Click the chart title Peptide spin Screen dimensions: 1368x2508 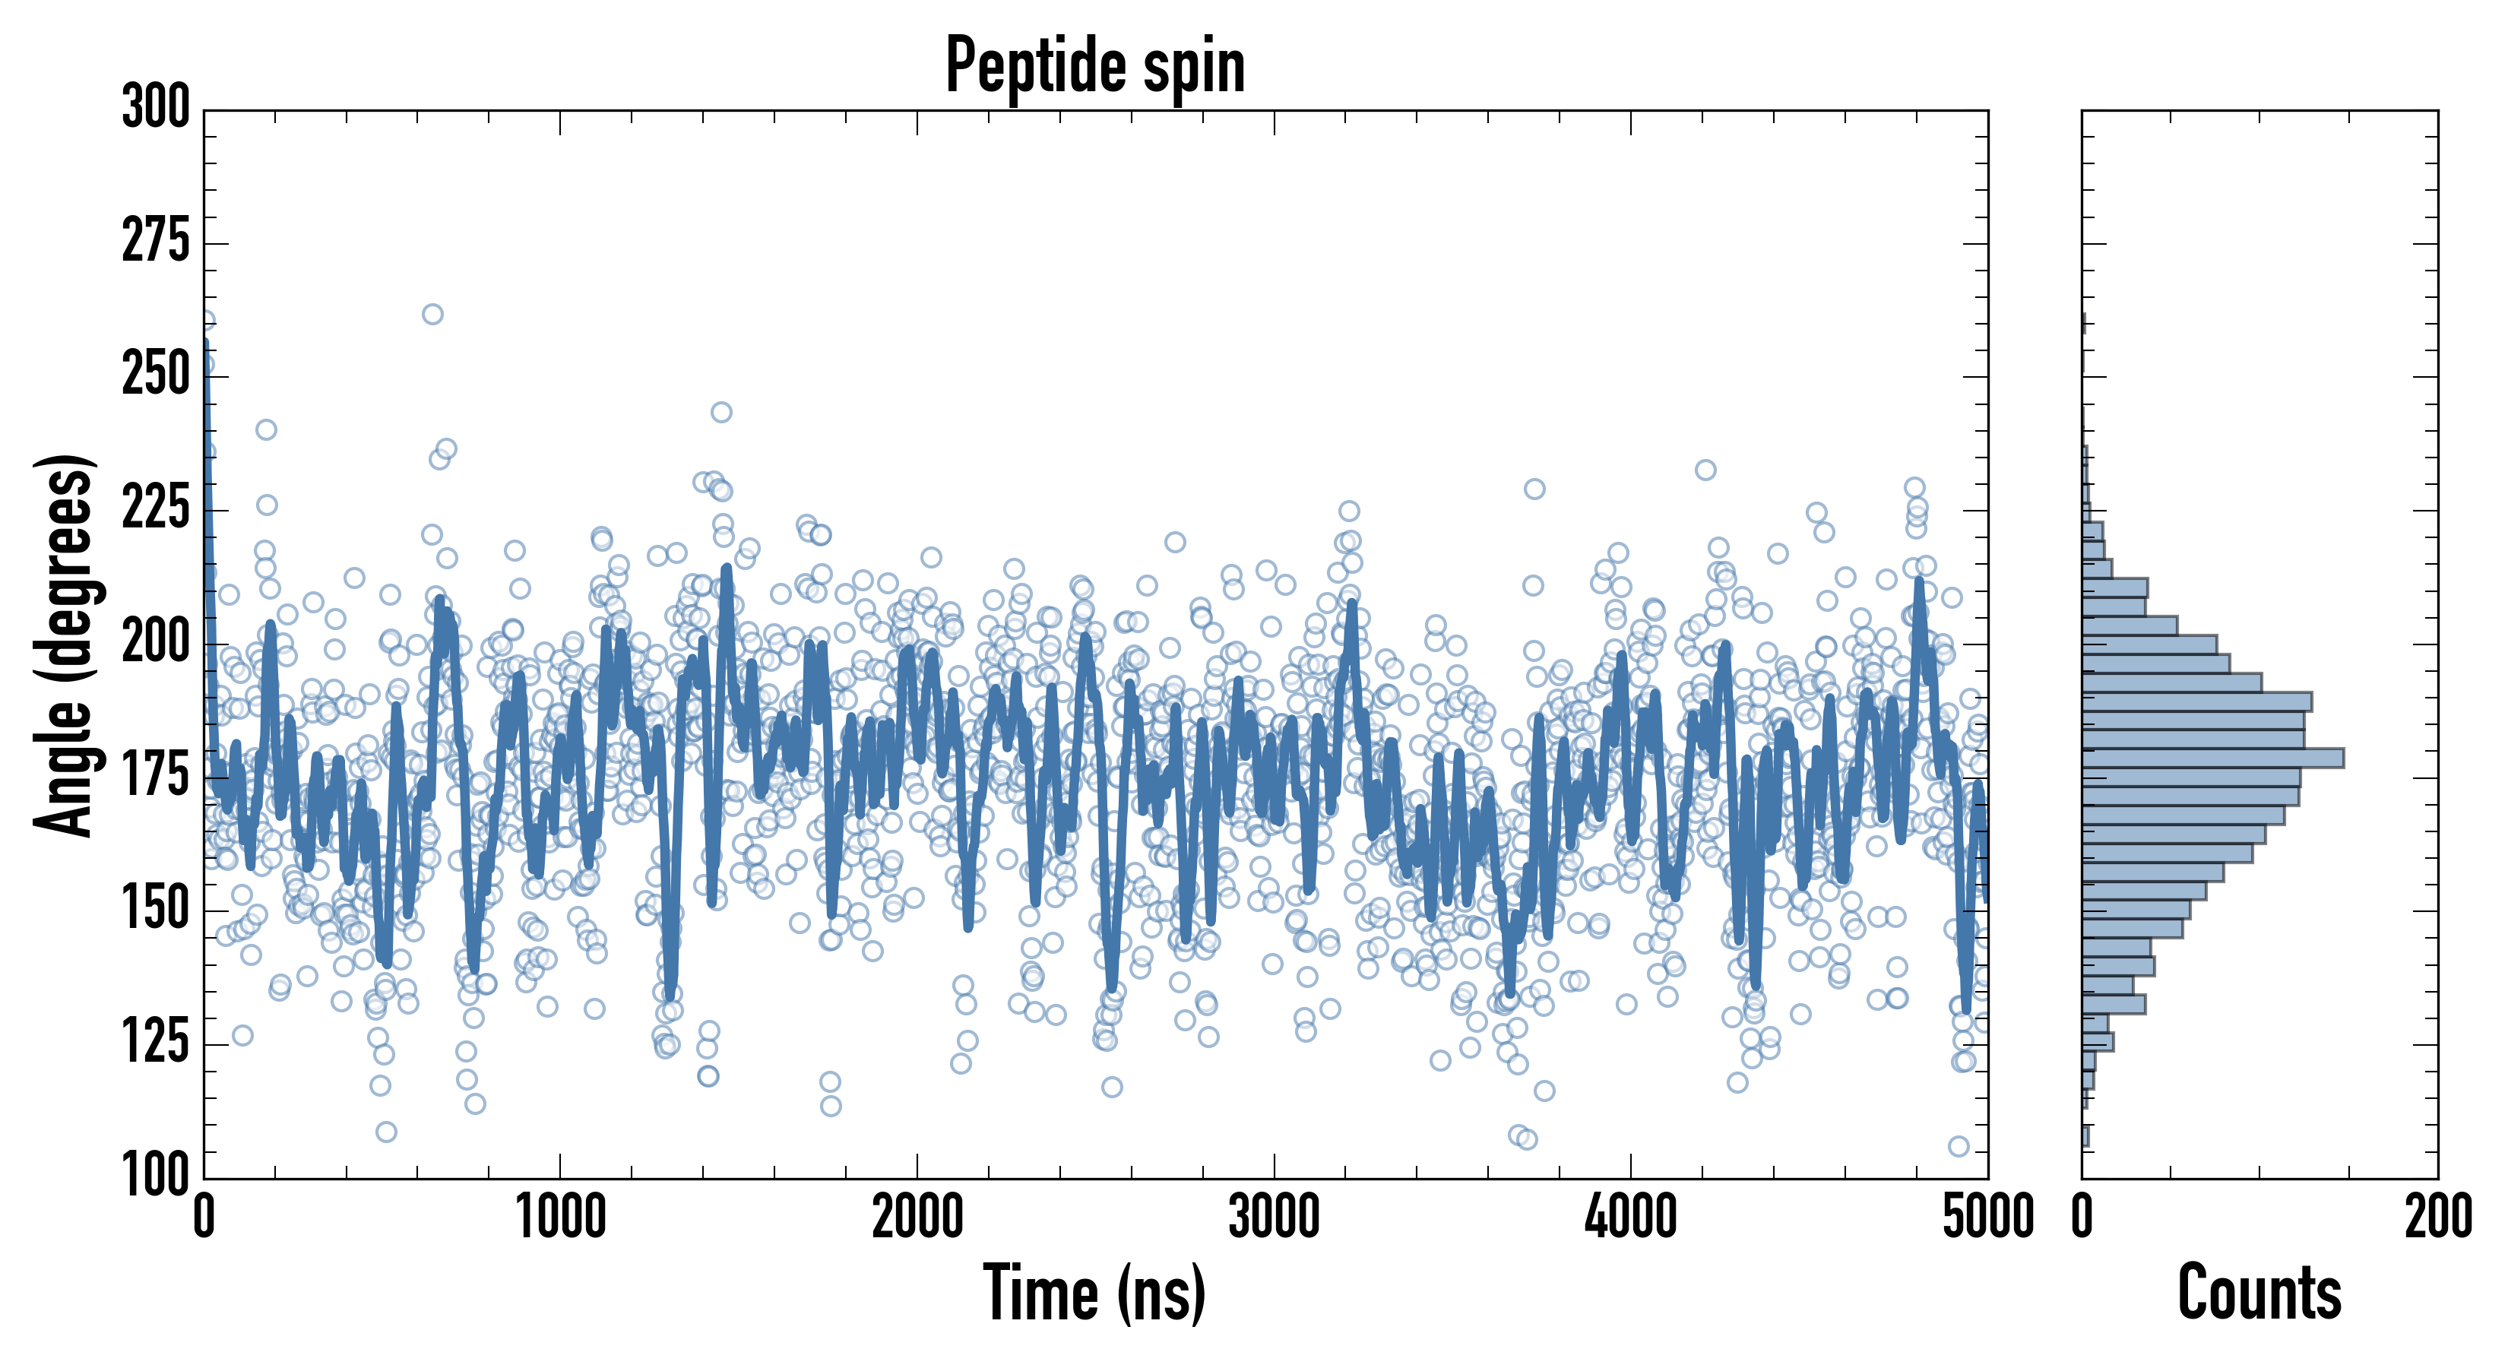point(1095,66)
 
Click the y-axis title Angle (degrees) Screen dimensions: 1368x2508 point(65,644)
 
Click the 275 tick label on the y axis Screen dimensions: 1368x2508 point(156,242)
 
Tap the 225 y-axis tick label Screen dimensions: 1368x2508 point(156,508)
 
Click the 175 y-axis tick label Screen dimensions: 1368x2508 point(156,776)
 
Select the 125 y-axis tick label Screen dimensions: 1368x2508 point(156,1043)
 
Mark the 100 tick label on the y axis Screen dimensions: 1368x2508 point(156,1175)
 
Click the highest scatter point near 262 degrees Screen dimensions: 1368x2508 point(432,315)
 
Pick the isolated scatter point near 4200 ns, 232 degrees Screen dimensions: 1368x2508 point(1705,470)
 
